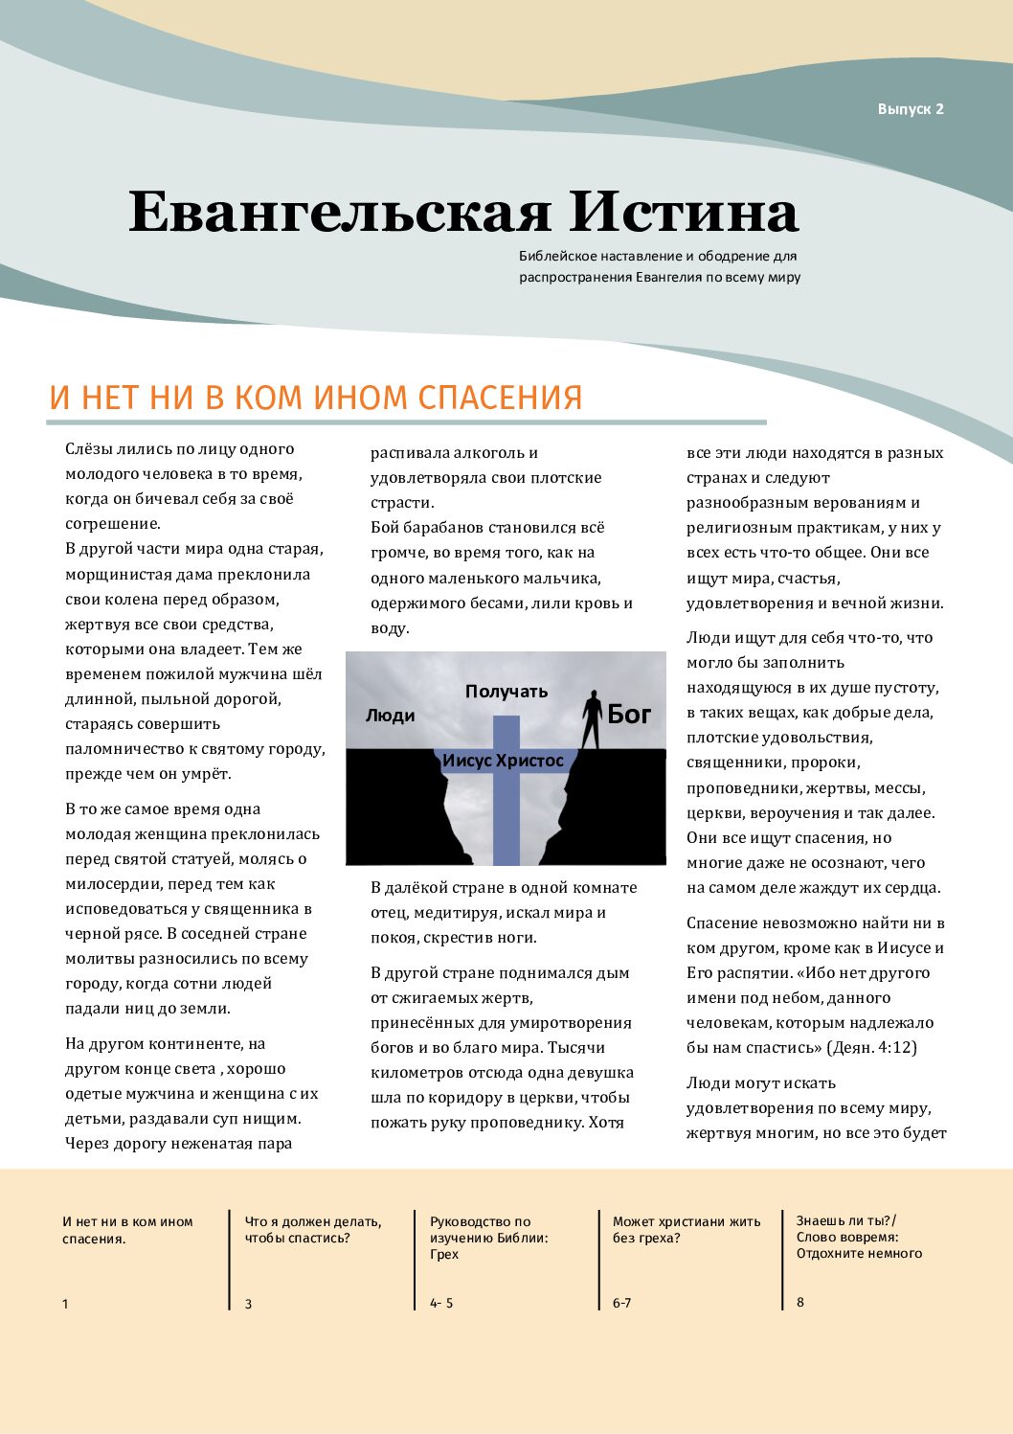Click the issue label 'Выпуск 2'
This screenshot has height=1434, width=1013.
point(910,109)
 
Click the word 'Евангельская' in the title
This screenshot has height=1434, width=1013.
point(340,212)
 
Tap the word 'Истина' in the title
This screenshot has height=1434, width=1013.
point(684,212)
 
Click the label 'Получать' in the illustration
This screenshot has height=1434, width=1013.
point(506,691)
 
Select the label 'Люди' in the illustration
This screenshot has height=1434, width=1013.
point(390,716)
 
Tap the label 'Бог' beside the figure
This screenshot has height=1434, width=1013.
point(629,714)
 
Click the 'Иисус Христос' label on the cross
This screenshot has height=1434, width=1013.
point(503,761)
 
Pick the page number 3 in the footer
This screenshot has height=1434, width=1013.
point(249,1304)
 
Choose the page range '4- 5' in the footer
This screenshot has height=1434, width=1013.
point(441,1303)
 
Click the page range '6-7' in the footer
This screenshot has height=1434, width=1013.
point(622,1303)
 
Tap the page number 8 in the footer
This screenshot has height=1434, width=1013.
point(800,1302)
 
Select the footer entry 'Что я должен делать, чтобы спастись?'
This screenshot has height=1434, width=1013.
point(313,1229)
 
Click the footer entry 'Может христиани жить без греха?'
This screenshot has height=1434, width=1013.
point(687,1229)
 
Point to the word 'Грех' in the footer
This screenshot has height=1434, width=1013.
point(444,1254)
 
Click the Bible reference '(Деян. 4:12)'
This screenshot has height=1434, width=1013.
point(871,1047)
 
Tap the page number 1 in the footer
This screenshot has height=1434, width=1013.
point(65,1304)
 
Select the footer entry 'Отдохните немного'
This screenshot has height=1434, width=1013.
point(859,1253)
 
